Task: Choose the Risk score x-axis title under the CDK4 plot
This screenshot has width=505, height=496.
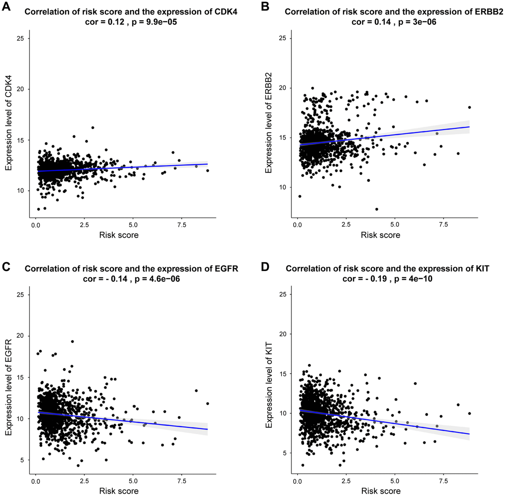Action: pos(119,235)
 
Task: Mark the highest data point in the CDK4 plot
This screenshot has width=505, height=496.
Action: pos(93,127)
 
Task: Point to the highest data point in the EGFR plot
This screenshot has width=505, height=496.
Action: pos(72,342)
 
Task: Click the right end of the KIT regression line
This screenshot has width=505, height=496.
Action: pos(469,434)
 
